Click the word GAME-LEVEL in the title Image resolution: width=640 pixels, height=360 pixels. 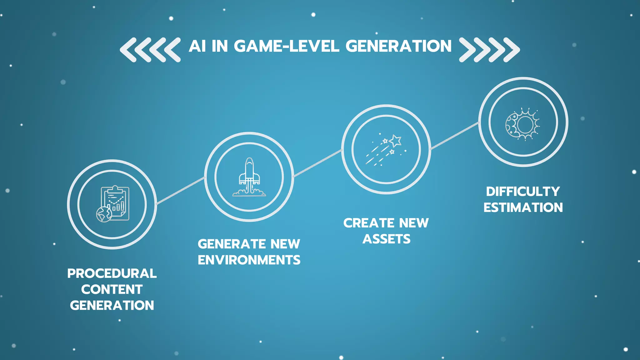[286, 46]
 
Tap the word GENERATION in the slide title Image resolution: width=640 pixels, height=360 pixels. [398, 46]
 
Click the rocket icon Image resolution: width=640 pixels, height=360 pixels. [249, 177]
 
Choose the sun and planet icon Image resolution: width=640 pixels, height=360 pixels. [523, 124]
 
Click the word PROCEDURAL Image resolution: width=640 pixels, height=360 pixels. [112, 273]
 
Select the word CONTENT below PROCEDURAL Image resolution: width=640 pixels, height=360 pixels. [112, 289]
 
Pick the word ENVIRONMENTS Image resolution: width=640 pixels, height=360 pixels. [249, 260]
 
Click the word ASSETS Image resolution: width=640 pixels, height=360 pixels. [386, 239]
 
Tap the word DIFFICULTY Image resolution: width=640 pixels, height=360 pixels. [523, 192]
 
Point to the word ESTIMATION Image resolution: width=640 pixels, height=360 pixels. [523, 207]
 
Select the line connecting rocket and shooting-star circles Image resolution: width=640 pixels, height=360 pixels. [317, 163]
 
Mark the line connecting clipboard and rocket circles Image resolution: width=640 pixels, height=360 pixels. [180, 191]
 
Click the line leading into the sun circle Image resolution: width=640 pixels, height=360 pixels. [455, 136]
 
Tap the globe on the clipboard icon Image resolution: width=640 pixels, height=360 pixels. [104, 214]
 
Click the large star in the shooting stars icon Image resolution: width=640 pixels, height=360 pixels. [396, 141]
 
